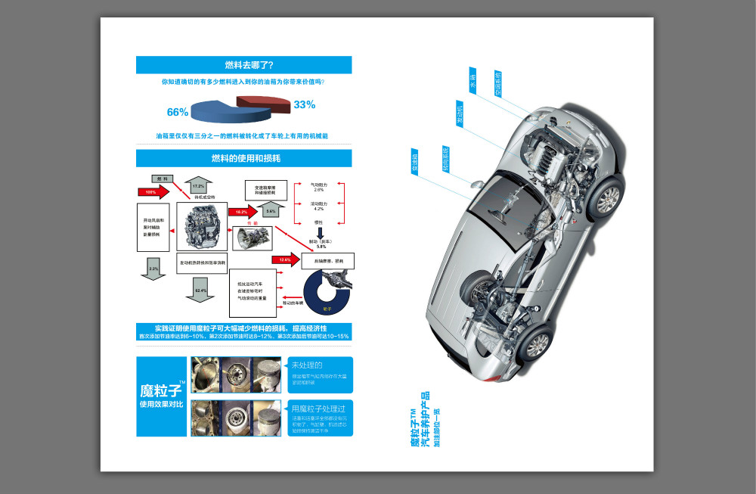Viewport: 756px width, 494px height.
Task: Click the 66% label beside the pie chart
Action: pos(177,112)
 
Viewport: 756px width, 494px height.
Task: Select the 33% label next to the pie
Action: pos(304,104)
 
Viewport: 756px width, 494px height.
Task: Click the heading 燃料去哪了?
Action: pos(243,65)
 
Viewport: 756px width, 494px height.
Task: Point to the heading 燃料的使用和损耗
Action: pos(243,158)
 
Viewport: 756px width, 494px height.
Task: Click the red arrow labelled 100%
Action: pos(153,192)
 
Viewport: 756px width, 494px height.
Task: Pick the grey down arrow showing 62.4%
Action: pos(200,291)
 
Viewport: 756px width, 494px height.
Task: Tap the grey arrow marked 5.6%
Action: pos(269,211)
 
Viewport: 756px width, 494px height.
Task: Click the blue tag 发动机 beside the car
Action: pos(460,113)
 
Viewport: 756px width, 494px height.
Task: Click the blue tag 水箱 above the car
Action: pos(472,82)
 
